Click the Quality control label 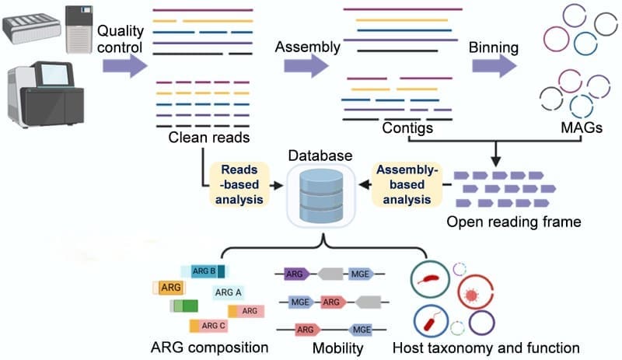[x=120, y=40]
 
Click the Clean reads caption [x=208, y=138]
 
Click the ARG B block [x=205, y=271]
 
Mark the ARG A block [x=229, y=292]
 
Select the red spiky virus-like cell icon [x=470, y=296]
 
